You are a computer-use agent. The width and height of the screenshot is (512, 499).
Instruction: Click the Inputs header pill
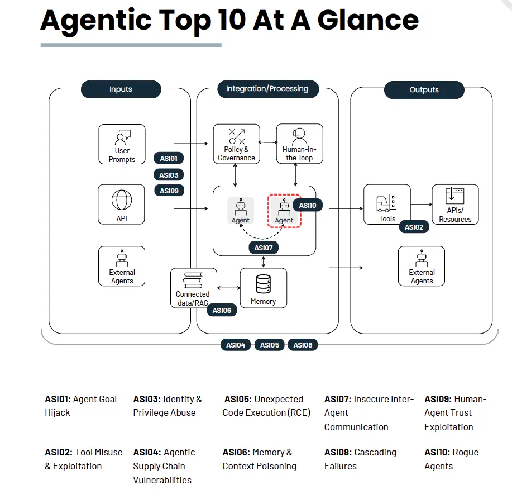coord(121,89)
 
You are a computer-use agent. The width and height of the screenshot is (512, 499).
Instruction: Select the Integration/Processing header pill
coord(267,89)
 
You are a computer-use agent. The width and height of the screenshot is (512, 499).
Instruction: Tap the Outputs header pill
coord(424,90)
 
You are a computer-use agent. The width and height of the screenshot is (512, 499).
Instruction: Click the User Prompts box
coord(122,144)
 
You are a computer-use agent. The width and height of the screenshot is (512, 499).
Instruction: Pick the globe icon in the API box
coord(122,199)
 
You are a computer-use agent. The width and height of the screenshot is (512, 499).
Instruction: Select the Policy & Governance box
coord(236,144)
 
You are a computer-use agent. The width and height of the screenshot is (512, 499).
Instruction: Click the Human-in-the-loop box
coord(299,144)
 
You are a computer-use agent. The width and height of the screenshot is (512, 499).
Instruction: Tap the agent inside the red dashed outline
coord(284,211)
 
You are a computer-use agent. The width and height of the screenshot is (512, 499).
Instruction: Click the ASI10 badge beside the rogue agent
coord(307,206)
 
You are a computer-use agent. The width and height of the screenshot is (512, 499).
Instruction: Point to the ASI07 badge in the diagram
coord(263,248)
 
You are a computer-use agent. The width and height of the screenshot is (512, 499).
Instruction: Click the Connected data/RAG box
coord(193,288)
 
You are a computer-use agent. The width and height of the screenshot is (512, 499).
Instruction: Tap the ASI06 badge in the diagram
coord(222,310)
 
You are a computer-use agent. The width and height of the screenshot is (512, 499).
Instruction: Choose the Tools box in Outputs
coord(387,205)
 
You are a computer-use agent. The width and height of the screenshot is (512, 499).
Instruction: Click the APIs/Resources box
coord(455,205)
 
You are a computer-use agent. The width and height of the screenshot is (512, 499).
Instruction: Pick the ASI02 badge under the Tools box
coord(414,227)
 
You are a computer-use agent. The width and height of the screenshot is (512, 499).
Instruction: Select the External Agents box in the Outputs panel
coord(422,266)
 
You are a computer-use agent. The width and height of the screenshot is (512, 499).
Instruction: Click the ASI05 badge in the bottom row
coord(270,345)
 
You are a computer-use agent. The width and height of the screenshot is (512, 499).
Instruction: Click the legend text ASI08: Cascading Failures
coord(360,459)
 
